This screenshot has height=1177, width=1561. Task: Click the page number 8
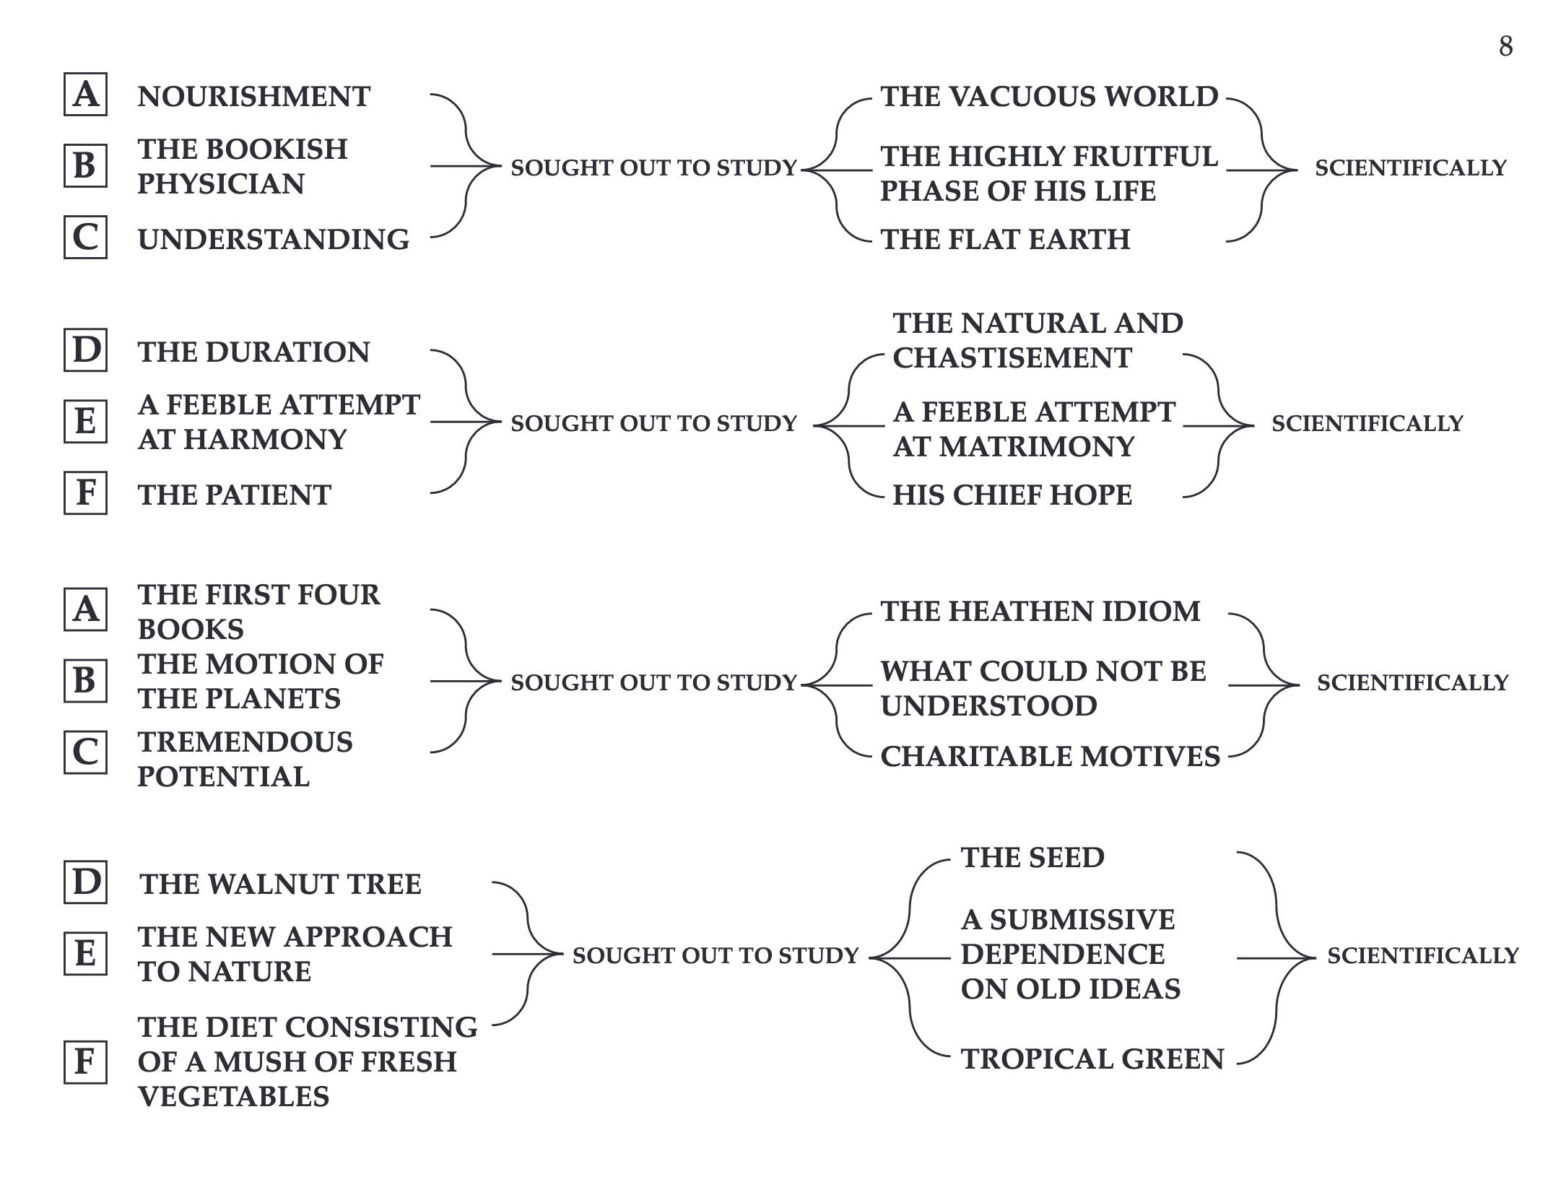coord(1505,46)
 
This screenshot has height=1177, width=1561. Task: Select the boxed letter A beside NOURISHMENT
coord(85,94)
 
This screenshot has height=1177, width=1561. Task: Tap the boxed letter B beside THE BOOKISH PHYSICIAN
coord(85,165)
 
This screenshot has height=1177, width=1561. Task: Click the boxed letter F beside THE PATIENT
coord(85,492)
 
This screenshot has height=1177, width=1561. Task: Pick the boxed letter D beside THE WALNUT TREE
coord(85,882)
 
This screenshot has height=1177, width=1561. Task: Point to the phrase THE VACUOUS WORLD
coord(1049,96)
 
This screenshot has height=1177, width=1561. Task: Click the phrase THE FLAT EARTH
coord(1005,239)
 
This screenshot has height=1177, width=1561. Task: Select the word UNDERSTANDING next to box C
coord(273,239)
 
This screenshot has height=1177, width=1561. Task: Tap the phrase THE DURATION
coord(253,352)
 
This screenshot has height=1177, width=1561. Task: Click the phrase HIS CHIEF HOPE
coord(1012,495)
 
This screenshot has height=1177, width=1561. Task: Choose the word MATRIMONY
coord(1037,446)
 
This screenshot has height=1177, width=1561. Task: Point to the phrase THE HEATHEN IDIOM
coord(1040,611)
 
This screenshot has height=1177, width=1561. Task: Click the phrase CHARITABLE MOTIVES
coord(1051,756)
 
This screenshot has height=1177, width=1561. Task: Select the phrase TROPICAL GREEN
coord(1092,1059)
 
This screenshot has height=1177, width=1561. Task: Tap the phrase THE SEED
coord(1032,857)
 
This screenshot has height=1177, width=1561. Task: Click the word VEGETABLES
coord(233,1096)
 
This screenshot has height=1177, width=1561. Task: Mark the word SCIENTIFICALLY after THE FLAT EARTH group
coord(1411,168)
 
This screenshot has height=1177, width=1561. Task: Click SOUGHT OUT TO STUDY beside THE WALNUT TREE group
coord(716,955)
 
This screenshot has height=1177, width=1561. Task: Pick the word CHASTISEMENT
coord(1012,357)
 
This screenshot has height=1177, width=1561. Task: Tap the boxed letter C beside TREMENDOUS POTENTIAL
coord(85,752)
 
